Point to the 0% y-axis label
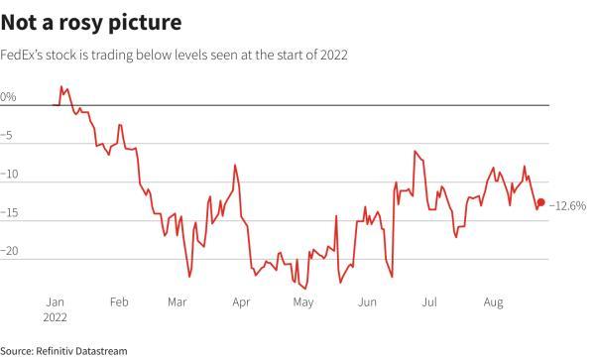point(8,97)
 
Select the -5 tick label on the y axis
point(9,136)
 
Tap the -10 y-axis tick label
point(10,175)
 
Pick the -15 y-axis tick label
point(10,213)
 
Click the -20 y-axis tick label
point(10,252)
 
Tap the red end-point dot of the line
point(540,202)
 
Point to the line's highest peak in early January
point(61,87)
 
